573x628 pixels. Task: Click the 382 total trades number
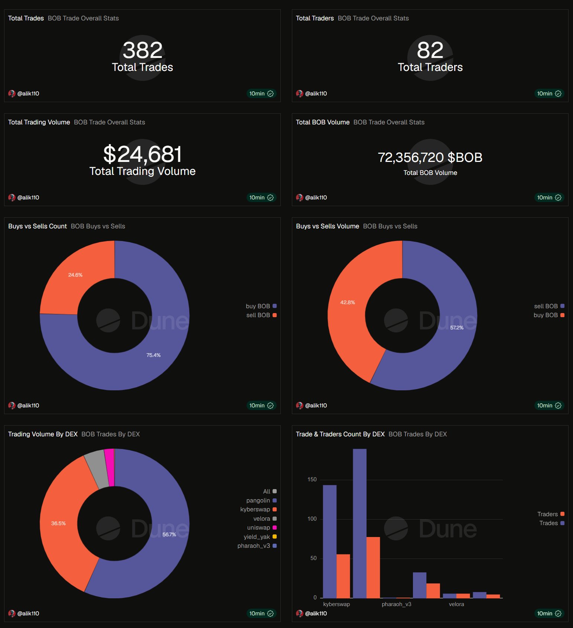pyautogui.click(x=143, y=50)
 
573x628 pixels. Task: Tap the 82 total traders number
pyautogui.click(x=430, y=50)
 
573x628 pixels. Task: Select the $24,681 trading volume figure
pyautogui.click(x=143, y=154)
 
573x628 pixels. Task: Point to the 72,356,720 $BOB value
pyautogui.click(x=430, y=157)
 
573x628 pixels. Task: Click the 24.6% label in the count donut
pyautogui.click(x=75, y=275)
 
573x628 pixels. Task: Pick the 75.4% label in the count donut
pyautogui.click(x=153, y=355)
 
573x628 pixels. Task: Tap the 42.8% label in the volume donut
pyautogui.click(x=348, y=302)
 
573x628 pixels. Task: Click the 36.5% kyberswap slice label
pyautogui.click(x=58, y=523)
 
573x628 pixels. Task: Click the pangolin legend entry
pyautogui.click(x=261, y=501)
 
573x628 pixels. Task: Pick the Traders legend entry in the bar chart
pyautogui.click(x=551, y=514)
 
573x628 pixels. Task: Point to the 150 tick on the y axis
pyautogui.click(x=312, y=479)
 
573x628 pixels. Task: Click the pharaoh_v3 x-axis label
pyautogui.click(x=397, y=604)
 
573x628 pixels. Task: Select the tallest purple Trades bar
pyautogui.click(x=359, y=523)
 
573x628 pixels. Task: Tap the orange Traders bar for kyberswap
pyautogui.click(x=343, y=576)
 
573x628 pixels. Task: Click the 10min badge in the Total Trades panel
pyautogui.click(x=261, y=94)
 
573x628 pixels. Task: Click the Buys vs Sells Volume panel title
pyautogui.click(x=328, y=226)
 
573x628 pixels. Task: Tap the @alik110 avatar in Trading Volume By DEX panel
pyautogui.click(x=12, y=614)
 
